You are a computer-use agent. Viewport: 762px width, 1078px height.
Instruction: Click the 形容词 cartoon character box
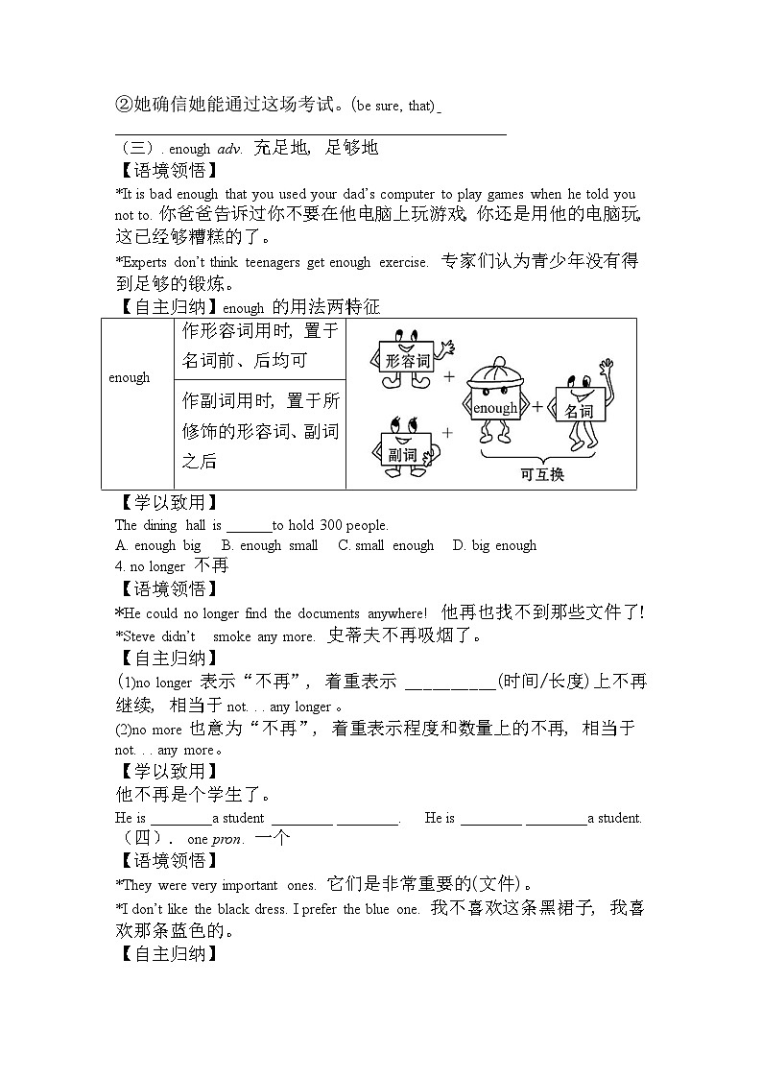407,361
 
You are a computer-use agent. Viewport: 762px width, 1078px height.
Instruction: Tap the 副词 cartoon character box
402,453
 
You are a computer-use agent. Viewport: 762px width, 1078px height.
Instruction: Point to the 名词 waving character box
579,410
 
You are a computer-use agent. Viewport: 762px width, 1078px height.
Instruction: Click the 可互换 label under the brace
542,474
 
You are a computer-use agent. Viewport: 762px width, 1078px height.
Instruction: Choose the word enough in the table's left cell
130,377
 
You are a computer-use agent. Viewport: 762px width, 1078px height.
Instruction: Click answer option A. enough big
158,545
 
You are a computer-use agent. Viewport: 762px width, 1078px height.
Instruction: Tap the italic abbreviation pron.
227,839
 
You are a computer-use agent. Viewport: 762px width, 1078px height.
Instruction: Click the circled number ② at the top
122,105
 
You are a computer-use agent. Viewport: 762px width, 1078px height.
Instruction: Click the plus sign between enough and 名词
537,407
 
